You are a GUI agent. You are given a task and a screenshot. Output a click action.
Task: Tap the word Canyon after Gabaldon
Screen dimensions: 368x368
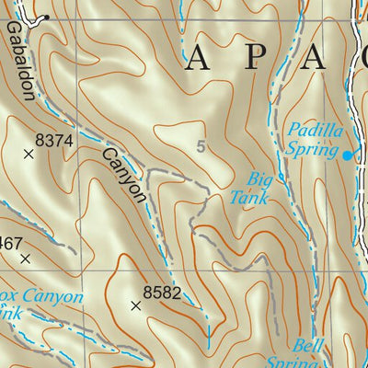click(123, 174)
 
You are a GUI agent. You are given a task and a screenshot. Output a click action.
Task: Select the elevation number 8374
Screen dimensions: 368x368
click(53, 140)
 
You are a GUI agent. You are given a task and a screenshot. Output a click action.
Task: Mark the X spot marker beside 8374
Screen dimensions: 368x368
click(28, 155)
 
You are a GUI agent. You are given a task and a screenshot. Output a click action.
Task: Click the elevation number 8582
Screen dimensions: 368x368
click(160, 293)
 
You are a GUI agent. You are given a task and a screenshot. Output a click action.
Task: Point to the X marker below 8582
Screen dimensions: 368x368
click(136, 306)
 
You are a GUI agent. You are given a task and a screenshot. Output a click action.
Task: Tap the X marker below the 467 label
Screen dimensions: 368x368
click(25, 259)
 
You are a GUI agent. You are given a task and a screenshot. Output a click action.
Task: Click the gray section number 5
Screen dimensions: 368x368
click(201, 146)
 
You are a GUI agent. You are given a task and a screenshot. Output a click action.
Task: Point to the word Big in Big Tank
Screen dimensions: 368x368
click(262, 178)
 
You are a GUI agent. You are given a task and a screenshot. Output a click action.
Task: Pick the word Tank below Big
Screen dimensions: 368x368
click(248, 197)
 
